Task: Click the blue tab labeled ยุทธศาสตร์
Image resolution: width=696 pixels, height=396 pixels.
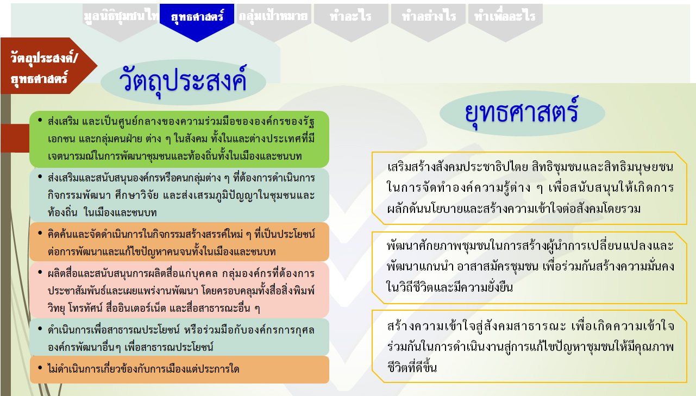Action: [x=197, y=18]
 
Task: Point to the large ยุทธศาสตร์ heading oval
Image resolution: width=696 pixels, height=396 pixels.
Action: [x=522, y=113]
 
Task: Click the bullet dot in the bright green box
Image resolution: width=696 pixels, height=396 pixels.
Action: [x=40, y=120]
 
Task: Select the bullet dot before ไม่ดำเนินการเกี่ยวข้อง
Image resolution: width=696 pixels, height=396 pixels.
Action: [x=40, y=368]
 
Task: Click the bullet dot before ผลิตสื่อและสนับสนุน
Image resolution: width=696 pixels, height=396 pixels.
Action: [x=40, y=272]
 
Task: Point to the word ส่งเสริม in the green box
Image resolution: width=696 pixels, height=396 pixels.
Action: [x=63, y=121]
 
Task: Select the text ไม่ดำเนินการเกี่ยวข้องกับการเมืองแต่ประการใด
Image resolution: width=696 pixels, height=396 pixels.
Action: [x=143, y=369]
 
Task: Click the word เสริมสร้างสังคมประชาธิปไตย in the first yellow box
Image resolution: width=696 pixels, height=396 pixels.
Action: [x=457, y=167]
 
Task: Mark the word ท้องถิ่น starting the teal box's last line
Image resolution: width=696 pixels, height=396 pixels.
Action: [x=62, y=213]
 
